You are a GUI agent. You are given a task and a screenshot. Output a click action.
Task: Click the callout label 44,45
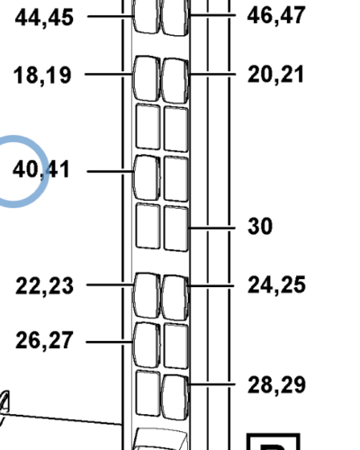(44, 18)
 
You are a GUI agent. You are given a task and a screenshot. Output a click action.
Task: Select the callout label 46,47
(276, 16)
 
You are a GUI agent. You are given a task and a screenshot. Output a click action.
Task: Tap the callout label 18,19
(42, 76)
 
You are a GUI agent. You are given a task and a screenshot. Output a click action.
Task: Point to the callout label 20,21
(275, 75)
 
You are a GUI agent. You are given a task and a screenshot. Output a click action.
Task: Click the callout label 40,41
(41, 169)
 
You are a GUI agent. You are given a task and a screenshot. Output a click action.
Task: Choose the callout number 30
(260, 227)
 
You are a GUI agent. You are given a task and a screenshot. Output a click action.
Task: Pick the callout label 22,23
(44, 286)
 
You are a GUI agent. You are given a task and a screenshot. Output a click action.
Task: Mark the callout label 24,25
(276, 285)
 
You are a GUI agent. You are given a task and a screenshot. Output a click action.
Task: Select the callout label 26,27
(44, 340)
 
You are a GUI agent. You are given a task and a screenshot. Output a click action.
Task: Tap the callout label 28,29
(276, 385)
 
